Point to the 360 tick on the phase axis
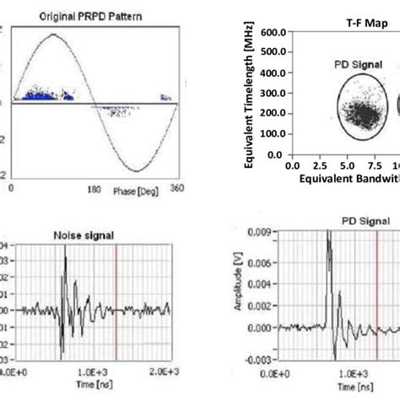click(176, 192)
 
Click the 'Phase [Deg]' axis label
click(135, 193)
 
